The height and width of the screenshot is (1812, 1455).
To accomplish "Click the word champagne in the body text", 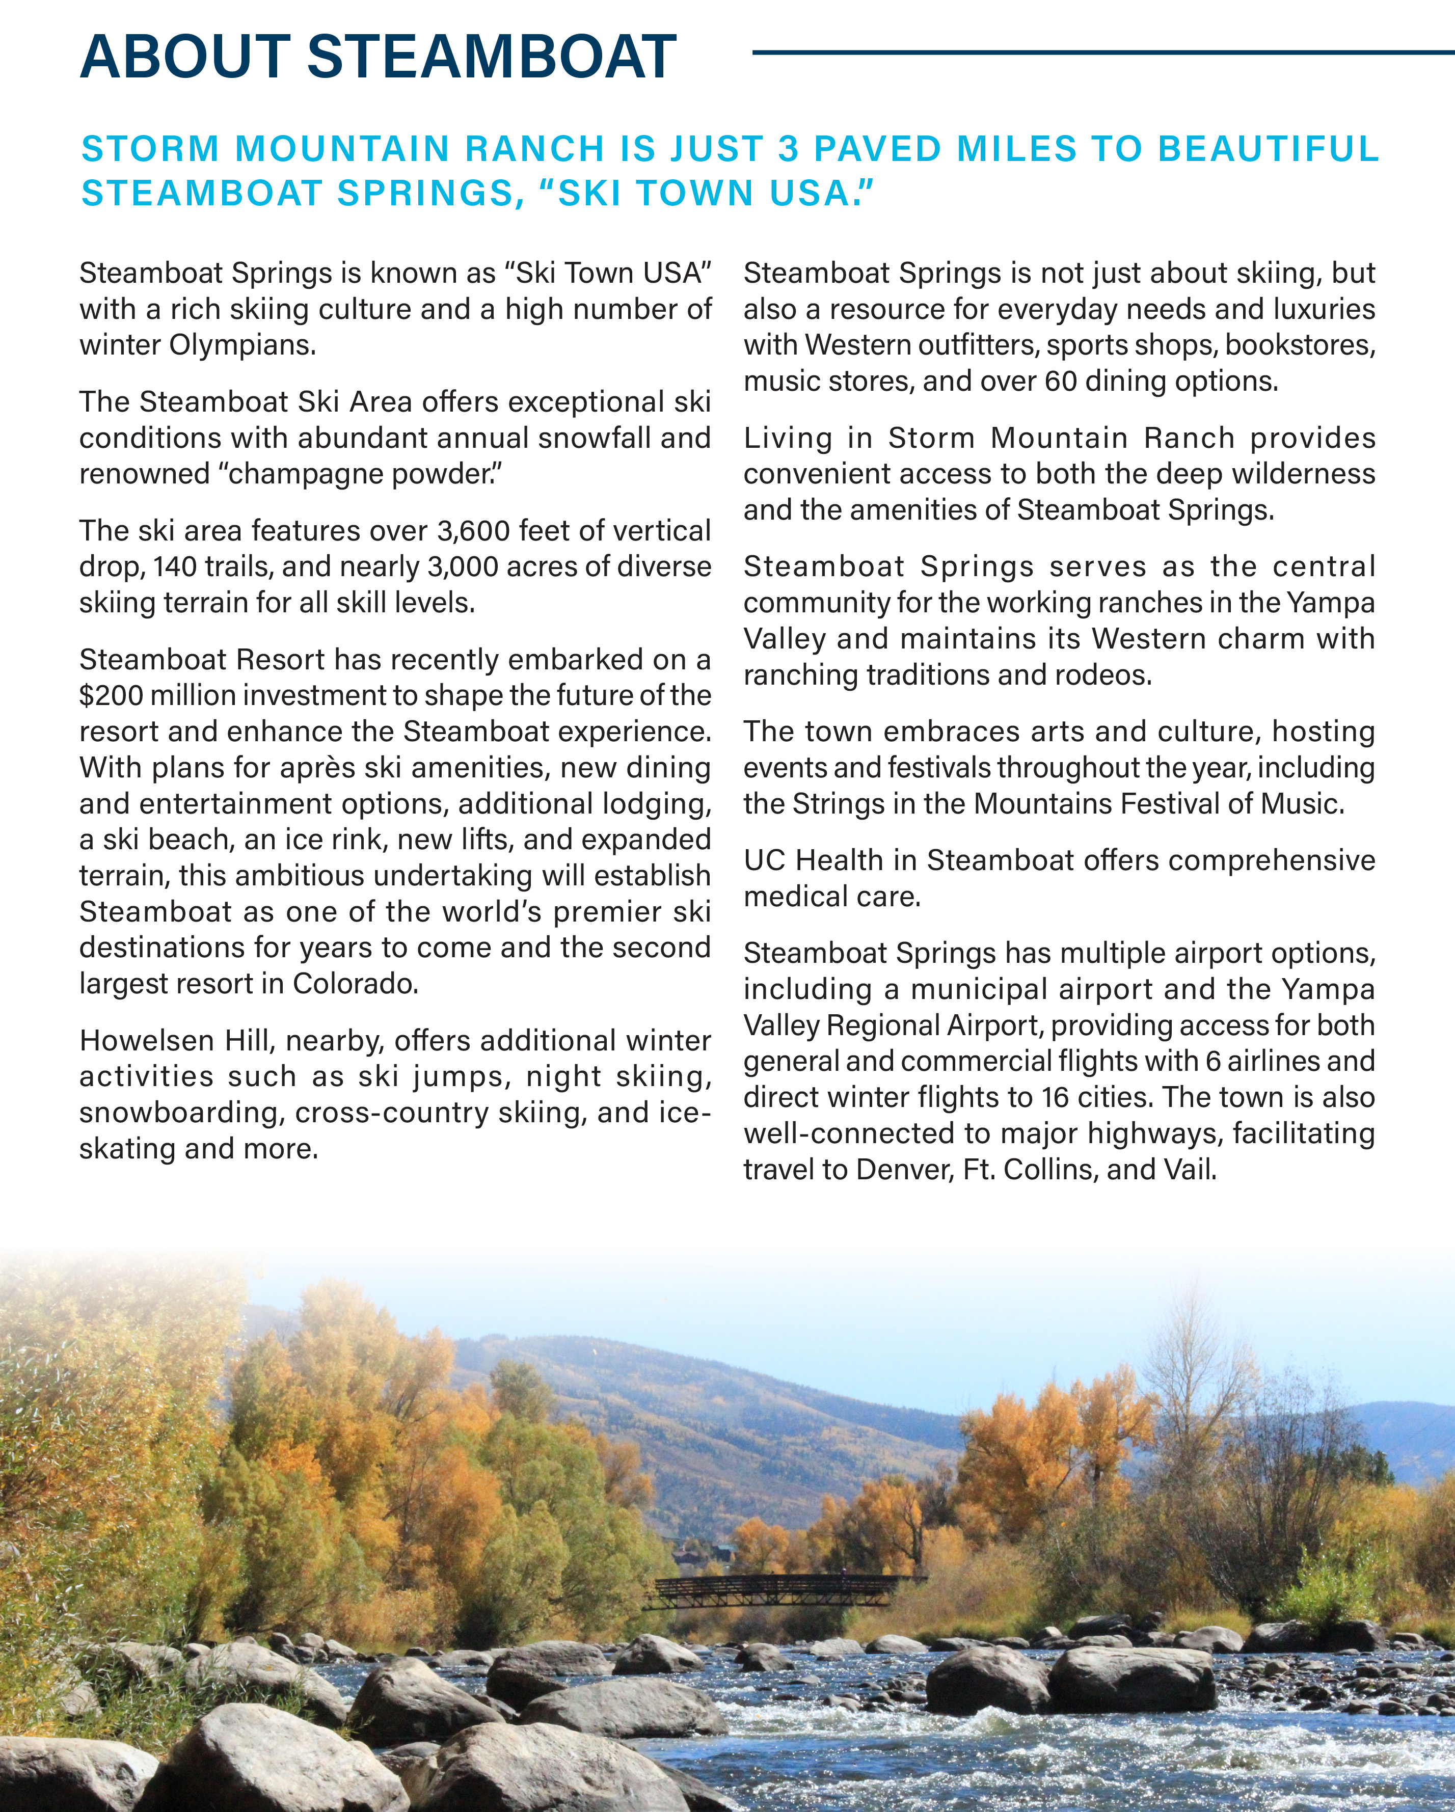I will click(x=307, y=474).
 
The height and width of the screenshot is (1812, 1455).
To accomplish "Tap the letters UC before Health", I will click(x=764, y=860).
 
